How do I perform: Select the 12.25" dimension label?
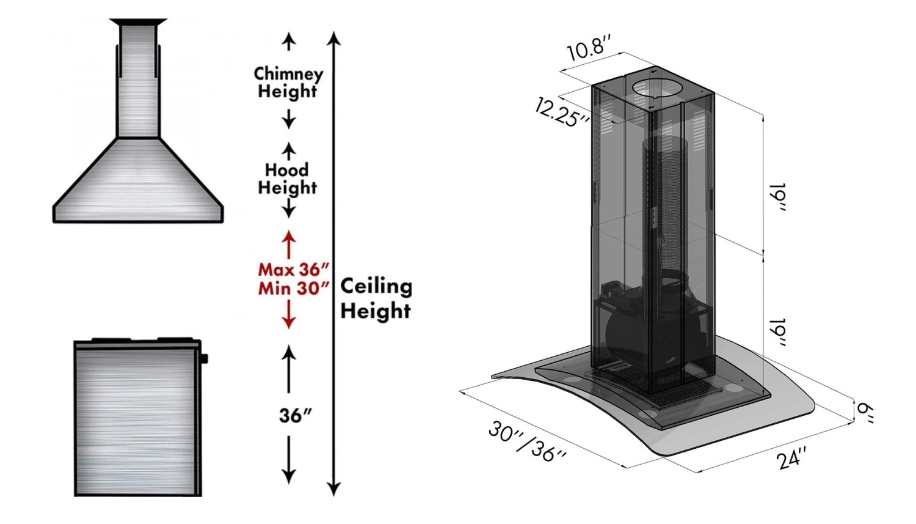click(x=561, y=113)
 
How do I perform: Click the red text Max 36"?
click(x=294, y=269)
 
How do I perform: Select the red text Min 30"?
click(x=294, y=288)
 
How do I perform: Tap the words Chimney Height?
click(x=288, y=83)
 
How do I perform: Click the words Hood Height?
click(x=287, y=179)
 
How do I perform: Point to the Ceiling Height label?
click(x=376, y=298)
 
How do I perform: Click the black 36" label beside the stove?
click(x=295, y=416)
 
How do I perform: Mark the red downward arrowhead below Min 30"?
click(x=289, y=322)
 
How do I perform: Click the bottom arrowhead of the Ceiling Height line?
click(x=333, y=489)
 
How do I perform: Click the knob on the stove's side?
click(x=204, y=358)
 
